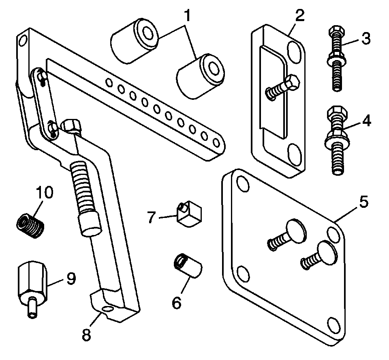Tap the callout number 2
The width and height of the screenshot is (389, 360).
(299, 17)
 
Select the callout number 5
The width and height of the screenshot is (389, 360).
(363, 201)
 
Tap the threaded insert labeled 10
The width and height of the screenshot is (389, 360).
(30, 225)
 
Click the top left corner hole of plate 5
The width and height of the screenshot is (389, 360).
(242, 183)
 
